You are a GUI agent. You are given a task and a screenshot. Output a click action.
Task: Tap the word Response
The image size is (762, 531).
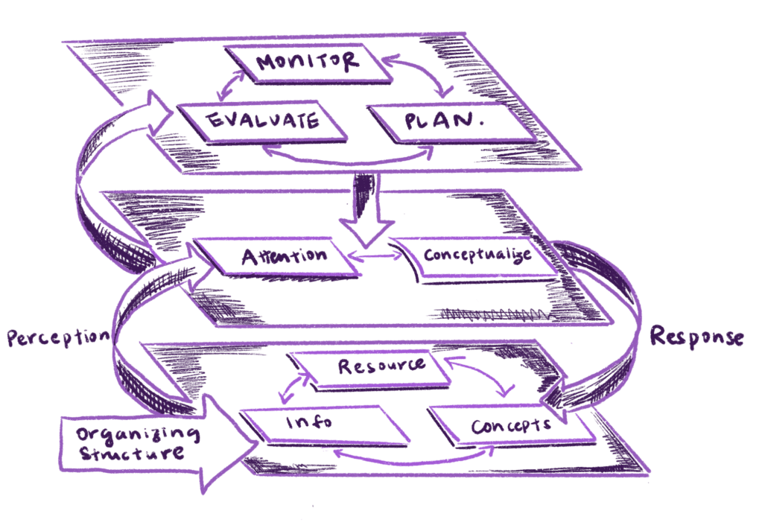696,337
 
